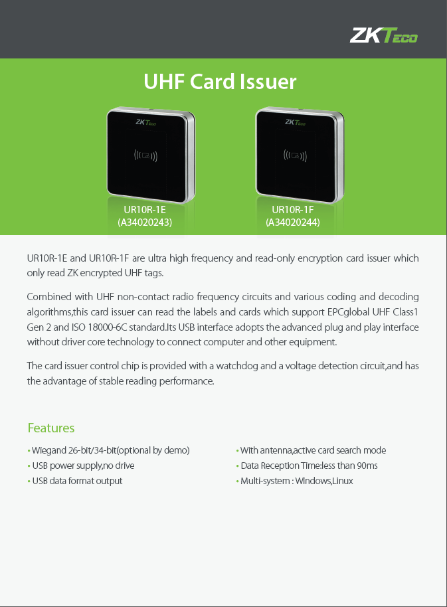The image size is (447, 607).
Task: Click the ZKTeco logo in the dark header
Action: (x=383, y=35)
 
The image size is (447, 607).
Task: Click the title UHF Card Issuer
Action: (x=220, y=82)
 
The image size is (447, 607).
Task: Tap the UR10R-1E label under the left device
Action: (x=145, y=210)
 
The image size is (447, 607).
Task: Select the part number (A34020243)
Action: (x=145, y=222)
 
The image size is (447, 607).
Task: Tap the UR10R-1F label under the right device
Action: (x=293, y=210)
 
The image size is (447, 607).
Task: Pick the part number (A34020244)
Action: (x=293, y=222)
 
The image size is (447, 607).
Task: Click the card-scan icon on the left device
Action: (x=145, y=155)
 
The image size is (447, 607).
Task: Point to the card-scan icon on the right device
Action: (x=295, y=155)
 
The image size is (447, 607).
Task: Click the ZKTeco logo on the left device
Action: (x=145, y=122)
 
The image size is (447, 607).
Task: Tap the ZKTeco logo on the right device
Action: (x=296, y=122)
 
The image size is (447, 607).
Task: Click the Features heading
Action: (x=51, y=428)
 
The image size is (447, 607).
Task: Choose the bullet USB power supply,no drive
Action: (x=83, y=466)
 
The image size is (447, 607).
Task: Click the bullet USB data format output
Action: (x=77, y=481)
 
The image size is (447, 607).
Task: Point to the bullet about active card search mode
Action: (x=313, y=451)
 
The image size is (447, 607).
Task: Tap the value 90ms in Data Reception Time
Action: (x=367, y=466)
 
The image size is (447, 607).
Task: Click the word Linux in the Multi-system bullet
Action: (x=343, y=481)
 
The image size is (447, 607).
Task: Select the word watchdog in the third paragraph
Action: (x=237, y=366)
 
